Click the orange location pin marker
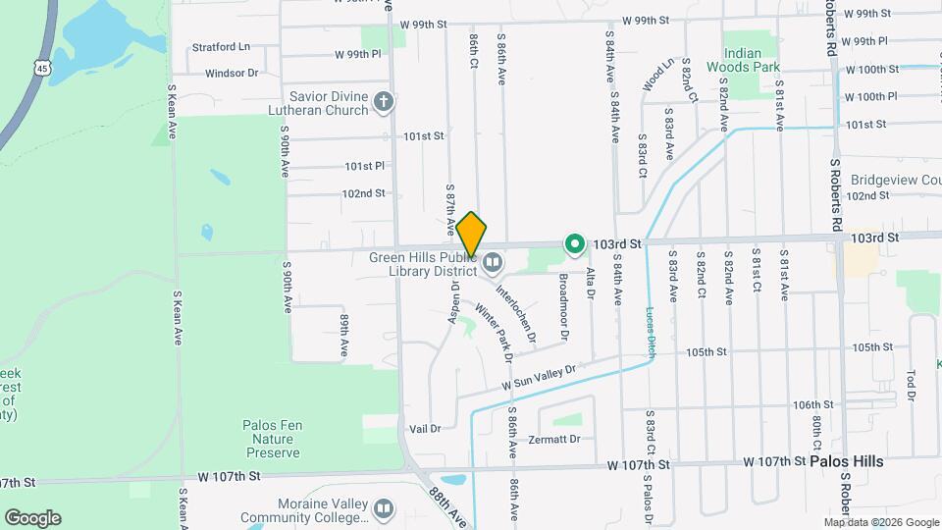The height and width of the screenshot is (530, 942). point(471,235)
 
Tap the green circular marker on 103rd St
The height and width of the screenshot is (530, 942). point(574,242)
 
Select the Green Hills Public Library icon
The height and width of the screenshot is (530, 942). point(492,263)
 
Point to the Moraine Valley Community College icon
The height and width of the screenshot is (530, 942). point(384,508)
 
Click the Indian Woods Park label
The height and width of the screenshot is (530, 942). point(751,60)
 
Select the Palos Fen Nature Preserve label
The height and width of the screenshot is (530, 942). point(271,439)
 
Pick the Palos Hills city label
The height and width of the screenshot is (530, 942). point(846,461)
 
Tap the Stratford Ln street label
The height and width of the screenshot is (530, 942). point(221,46)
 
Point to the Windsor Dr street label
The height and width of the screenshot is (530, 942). point(232,73)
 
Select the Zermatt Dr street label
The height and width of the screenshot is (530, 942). point(554,439)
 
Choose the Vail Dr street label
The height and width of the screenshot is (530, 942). point(425,428)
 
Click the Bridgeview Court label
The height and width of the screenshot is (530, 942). point(895,181)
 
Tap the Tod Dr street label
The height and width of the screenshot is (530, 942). point(911,386)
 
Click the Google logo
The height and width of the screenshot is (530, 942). point(32,518)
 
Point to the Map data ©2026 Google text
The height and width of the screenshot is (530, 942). point(881,522)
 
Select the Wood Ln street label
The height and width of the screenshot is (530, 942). point(659,75)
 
